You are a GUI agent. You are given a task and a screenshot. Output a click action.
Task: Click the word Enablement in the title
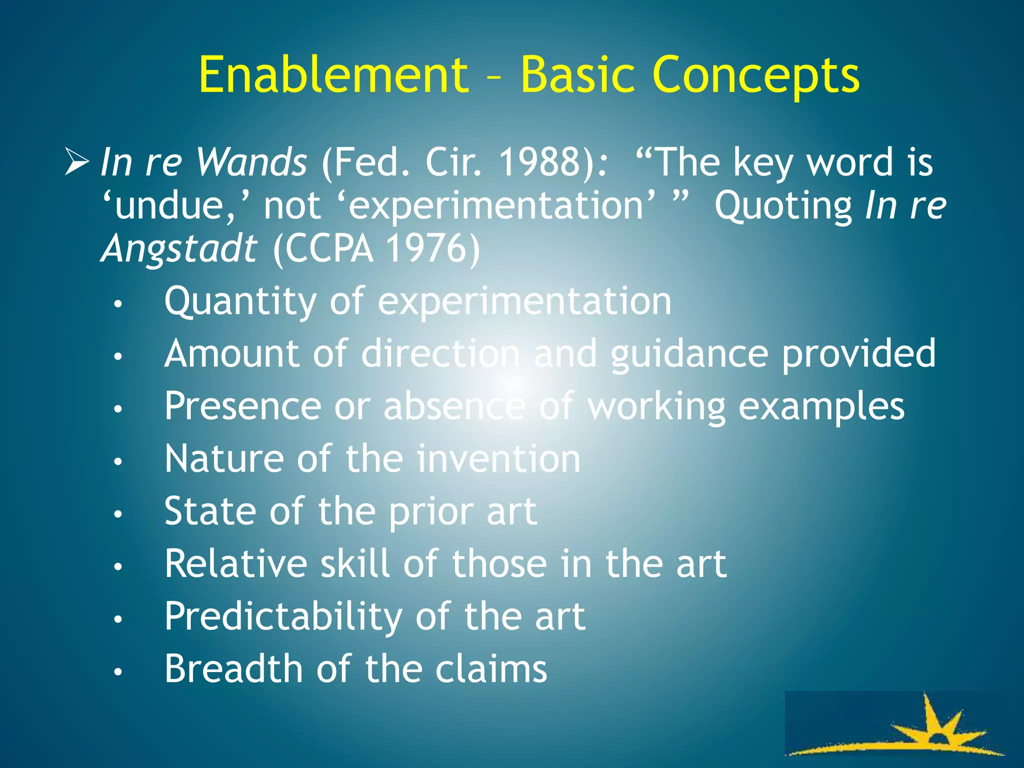pos(333,75)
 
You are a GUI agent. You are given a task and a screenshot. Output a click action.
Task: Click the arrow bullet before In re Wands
pos(77,163)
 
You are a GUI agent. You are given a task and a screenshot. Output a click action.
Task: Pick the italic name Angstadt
pos(179,248)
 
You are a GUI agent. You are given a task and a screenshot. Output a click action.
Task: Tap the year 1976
pos(426,248)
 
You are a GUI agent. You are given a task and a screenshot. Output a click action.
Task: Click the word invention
pos(498,458)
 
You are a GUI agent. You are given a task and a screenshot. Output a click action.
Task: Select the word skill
pos(355,563)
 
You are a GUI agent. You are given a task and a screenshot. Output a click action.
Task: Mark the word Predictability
pos(283,617)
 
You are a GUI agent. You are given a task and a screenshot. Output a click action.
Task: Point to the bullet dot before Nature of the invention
pos(118,461)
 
